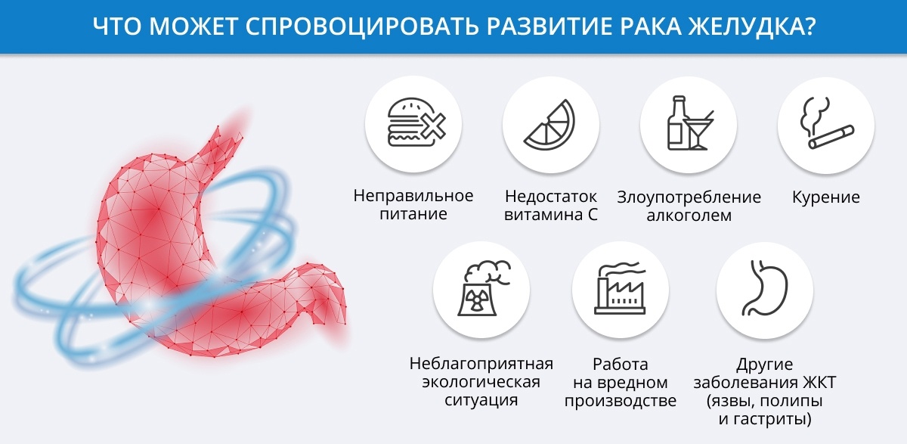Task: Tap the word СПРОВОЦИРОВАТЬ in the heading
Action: [361, 26]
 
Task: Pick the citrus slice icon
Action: [550, 125]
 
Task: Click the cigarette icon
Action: [831, 138]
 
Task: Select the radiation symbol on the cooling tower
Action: [476, 300]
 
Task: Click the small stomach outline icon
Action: [764, 287]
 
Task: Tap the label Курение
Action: [826, 197]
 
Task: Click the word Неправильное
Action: [413, 196]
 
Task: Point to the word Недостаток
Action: [551, 197]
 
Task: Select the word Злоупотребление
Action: [689, 197]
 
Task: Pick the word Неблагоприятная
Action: [481, 364]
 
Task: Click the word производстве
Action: [621, 401]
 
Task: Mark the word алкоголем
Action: [689, 216]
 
